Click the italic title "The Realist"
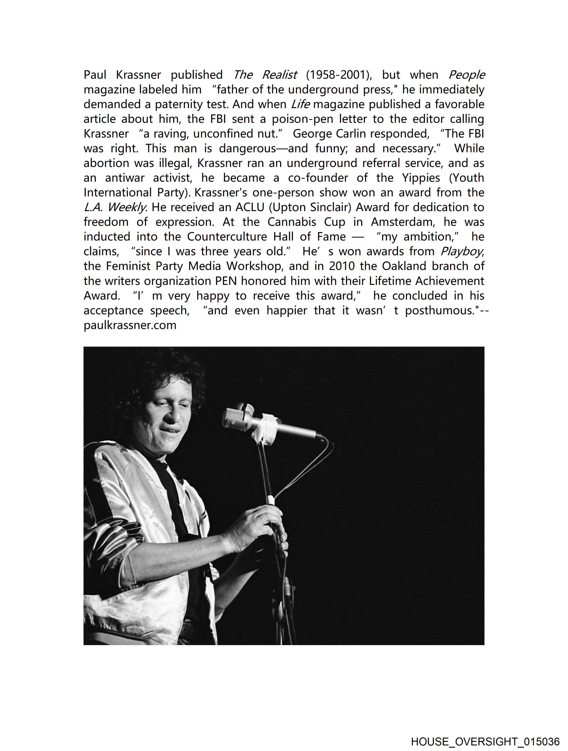click(265, 74)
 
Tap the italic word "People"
click(467, 74)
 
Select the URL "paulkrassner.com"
click(130, 325)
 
